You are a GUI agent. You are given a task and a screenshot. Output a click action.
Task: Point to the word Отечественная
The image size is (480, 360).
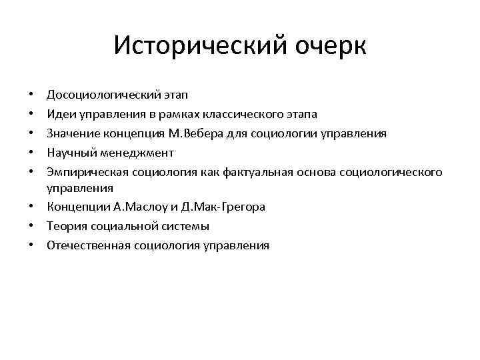tap(88, 246)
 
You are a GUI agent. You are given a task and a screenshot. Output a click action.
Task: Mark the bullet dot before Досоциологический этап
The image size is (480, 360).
tap(33, 96)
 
